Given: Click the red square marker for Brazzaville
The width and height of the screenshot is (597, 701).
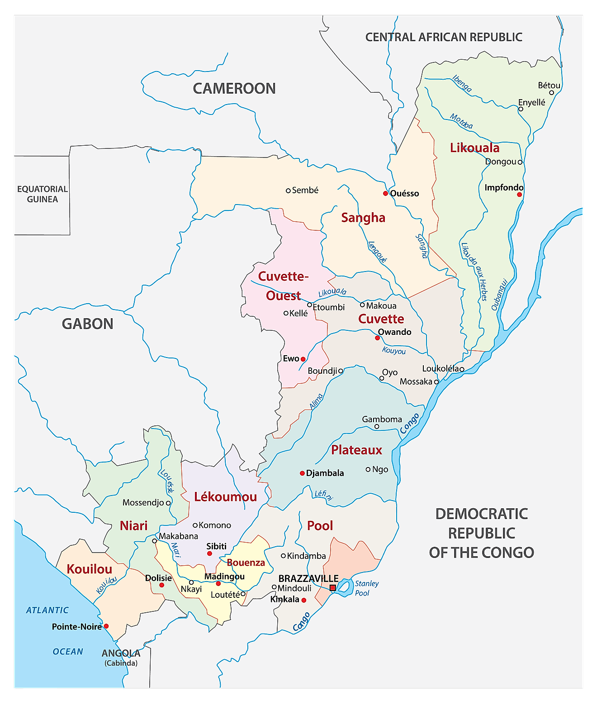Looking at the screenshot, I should (x=333, y=588).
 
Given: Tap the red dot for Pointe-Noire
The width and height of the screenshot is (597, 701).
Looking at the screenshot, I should (x=106, y=626).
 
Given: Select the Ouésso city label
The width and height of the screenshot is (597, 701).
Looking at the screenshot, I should (x=404, y=193).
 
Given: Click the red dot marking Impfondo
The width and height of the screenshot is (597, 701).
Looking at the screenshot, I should (x=519, y=195).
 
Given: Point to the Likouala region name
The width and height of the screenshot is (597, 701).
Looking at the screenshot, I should (x=474, y=148).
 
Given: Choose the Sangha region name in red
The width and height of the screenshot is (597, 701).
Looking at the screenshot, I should (x=363, y=218).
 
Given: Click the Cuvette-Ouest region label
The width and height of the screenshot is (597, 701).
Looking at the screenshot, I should (x=283, y=286).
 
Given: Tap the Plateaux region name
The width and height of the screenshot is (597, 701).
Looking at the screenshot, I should (x=356, y=450).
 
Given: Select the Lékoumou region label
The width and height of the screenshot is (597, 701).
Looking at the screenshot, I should (x=225, y=497).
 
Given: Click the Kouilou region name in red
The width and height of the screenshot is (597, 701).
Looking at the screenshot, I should (x=89, y=569).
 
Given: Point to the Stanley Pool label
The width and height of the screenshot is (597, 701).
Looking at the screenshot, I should (x=366, y=588).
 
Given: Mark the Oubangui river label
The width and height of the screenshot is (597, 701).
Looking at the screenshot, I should (x=500, y=294).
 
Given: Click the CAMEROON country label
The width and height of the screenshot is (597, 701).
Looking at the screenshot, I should (x=234, y=88).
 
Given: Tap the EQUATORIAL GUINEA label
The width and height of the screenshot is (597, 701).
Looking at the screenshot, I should (x=42, y=194).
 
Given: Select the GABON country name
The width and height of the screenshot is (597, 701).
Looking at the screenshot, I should (x=87, y=324).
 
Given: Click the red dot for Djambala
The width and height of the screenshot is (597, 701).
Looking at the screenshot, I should (x=302, y=473).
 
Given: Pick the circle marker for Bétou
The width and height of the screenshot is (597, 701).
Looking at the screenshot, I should (x=551, y=93).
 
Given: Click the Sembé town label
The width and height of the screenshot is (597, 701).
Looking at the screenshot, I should (x=305, y=191).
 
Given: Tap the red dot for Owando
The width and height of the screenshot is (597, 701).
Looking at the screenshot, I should (x=377, y=338).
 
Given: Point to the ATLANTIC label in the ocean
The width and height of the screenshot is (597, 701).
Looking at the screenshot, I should (x=47, y=610).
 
